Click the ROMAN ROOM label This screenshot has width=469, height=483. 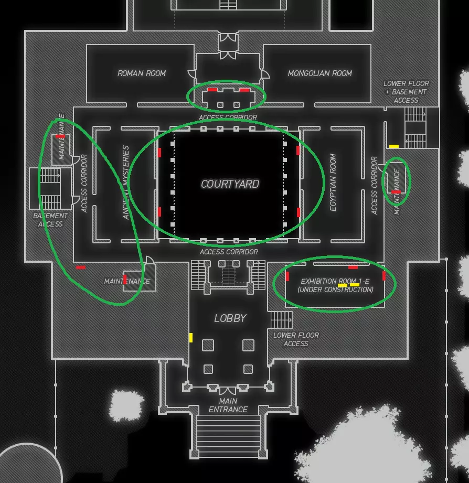pyautogui.click(x=142, y=73)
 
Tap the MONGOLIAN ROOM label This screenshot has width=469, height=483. pyautogui.click(x=319, y=73)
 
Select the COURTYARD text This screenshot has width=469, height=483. pyautogui.click(x=230, y=184)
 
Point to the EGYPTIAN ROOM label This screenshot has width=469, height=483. pyautogui.click(x=333, y=183)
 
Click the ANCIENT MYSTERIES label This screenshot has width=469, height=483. pyautogui.click(x=125, y=183)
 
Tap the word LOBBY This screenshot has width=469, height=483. pyautogui.click(x=230, y=318)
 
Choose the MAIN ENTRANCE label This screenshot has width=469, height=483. pyautogui.click(x=228, y=405)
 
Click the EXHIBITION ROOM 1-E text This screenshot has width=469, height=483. pyautogui.click(x=335, y=282)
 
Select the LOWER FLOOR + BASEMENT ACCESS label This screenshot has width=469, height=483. pyautogui.click(x=406, y=92)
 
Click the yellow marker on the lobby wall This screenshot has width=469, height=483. pyautogui.click(x=190, y=338)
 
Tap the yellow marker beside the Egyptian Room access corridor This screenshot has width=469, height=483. pyautogui.click(x=393, y=146)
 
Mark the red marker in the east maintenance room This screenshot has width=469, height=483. pyautogui.click(x=396, y=192)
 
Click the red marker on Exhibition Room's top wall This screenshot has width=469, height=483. pyautogui.click(x=353, y=267)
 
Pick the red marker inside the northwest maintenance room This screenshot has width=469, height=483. pyautogui.click(x=60, y=136)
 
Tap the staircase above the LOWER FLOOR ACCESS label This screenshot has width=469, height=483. pyautogui.click(x=281, y=319)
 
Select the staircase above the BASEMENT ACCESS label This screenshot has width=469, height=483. pyautogui.click(x=50, y=189)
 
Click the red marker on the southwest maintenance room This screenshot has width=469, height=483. pyautogui.click(x=125, y=279)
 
